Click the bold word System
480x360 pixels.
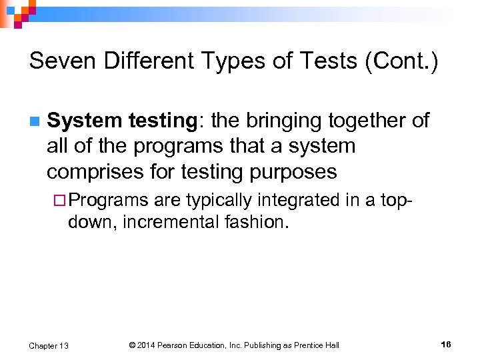pos(84,121)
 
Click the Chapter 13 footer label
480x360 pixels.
pos(49,345)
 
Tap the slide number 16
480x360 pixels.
pos(445,345)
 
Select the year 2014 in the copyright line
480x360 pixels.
pos(149,345)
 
